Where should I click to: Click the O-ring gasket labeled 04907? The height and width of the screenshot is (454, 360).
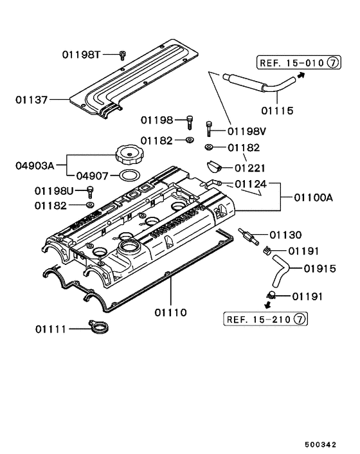click(130, 176)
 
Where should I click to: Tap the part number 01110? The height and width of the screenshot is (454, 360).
click(170, 313)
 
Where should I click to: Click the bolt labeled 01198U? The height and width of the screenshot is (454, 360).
click(90, 191)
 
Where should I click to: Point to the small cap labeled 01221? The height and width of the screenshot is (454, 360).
click(213, 168)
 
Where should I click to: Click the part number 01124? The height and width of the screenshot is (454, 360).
click(249, 185)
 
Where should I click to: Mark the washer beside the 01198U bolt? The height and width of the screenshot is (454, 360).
click(90, 205)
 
